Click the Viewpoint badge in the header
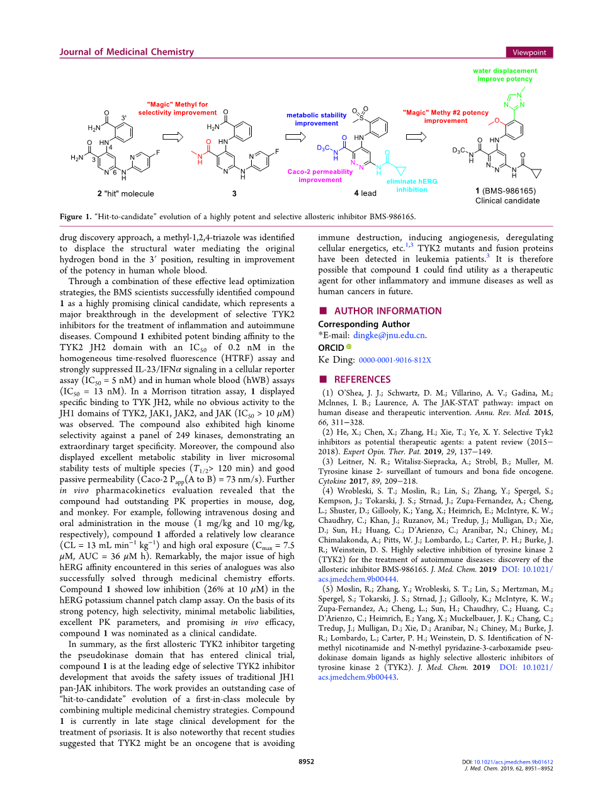coord(529,52)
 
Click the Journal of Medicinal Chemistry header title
coord(127,52)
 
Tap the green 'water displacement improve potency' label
coord(505,75)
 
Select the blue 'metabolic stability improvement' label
coord(316,119)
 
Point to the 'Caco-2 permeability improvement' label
coord(320,176)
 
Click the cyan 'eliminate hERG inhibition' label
coord(412,185)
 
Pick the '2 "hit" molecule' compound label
coord(125,194)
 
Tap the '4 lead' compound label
coord(365,193)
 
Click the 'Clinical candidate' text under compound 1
coord(507,201)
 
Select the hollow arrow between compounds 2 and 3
coord(173,137)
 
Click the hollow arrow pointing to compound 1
coord(416,137)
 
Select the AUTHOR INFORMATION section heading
coord(388,311)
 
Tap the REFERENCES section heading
coord(362,380)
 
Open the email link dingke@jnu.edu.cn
coord(389,336)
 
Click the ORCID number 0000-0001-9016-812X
coord(395,360)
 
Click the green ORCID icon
coord(349,347)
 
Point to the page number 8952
coord(306,762)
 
